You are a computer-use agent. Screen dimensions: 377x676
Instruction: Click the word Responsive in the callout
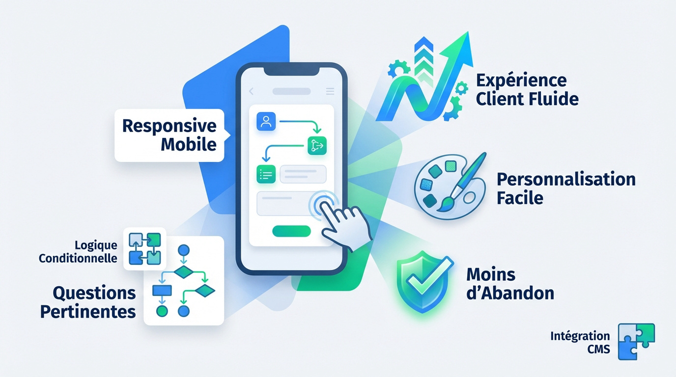[x=169, y=126]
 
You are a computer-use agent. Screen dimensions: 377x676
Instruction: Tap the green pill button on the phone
[x=291, y=231]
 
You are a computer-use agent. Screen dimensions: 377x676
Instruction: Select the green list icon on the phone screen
[x=266, y=175]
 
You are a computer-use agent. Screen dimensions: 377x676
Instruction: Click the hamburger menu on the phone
[x=330, y=91]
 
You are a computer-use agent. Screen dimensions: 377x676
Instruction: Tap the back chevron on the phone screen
[x=251, y=91]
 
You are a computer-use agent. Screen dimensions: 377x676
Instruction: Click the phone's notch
[x=291, y=71]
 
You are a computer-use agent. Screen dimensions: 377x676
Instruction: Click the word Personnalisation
[x=566, y=179]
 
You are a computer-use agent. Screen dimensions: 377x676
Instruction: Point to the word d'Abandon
[x=510, y=293]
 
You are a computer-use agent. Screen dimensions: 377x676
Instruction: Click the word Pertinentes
[x=88, y=311]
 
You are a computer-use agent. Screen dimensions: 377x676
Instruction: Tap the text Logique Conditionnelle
[x=78, y=251]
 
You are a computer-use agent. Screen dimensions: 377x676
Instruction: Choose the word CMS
[x=598, y=349]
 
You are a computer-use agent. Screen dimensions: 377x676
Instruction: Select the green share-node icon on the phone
[x=317, y=145]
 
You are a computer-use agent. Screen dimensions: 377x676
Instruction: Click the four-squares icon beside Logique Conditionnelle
[x=145, y=248]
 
